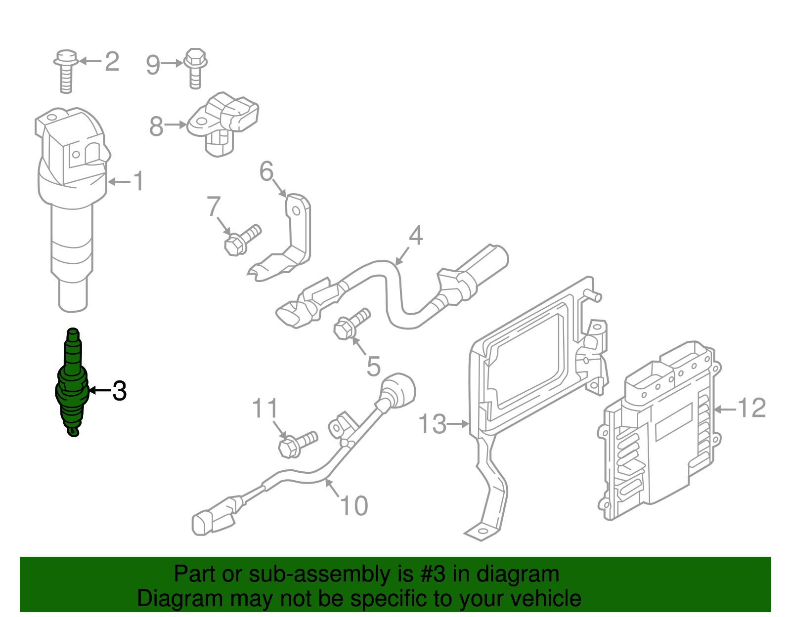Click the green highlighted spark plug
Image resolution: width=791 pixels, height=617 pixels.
pyautogui.click(x=72, y=383)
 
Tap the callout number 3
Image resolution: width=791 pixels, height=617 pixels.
pyautogui.click(x=119, y=391)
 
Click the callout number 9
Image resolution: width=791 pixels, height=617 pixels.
pyautogui.click(x=153, y=65)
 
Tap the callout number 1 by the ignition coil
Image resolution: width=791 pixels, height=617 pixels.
pyautogui.click(x=138, y=181)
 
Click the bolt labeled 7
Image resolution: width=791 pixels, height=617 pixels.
pyautogui.click(x=241, y=240)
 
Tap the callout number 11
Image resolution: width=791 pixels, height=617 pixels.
pyautogui.click(x=265, y=409)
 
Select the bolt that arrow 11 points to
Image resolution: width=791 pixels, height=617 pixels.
pyautogui.click(x=297, y=444)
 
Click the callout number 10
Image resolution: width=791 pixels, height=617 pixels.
pyautogui.click(x=354, y=506)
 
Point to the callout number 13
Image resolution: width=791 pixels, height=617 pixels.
pyautogui.click(x=432, y=424)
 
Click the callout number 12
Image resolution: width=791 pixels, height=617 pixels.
pyautogui.click(x=751, y=408)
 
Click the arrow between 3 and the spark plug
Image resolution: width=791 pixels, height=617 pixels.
pyautogui.click(x=100, y=391)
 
